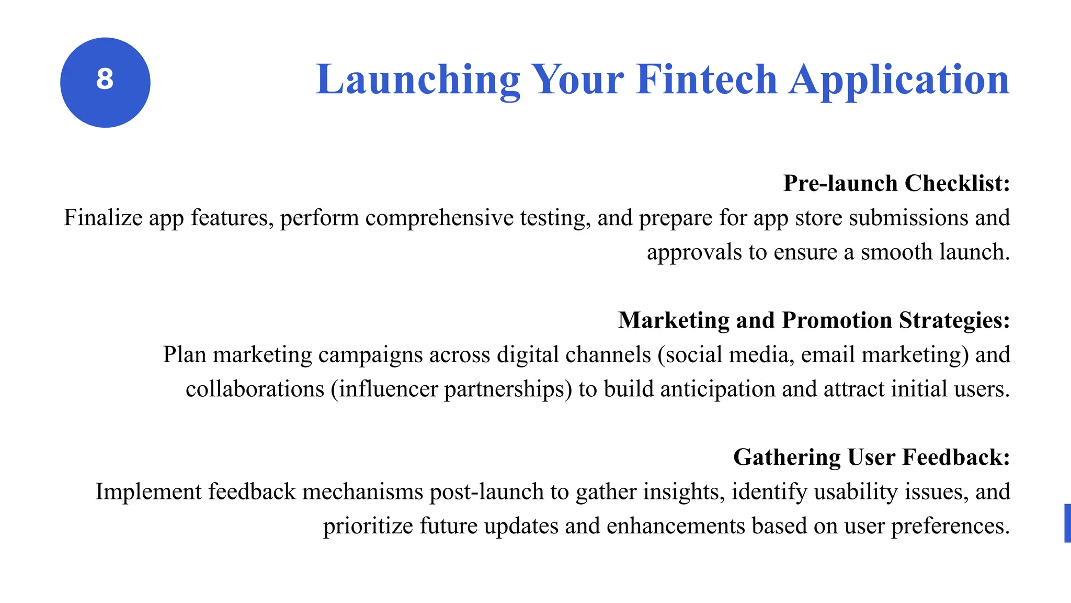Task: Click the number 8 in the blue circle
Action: click(x=105, y=80)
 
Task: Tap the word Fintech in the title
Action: click(x=707, y=80)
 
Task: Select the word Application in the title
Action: click(x=899, y=80)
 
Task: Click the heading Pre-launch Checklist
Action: click(x=896, y=183)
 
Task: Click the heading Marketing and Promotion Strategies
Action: click(x=814, y=320)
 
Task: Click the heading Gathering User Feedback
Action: click(x=871, y=457)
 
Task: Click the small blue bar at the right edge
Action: click(x=1067, y=523)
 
